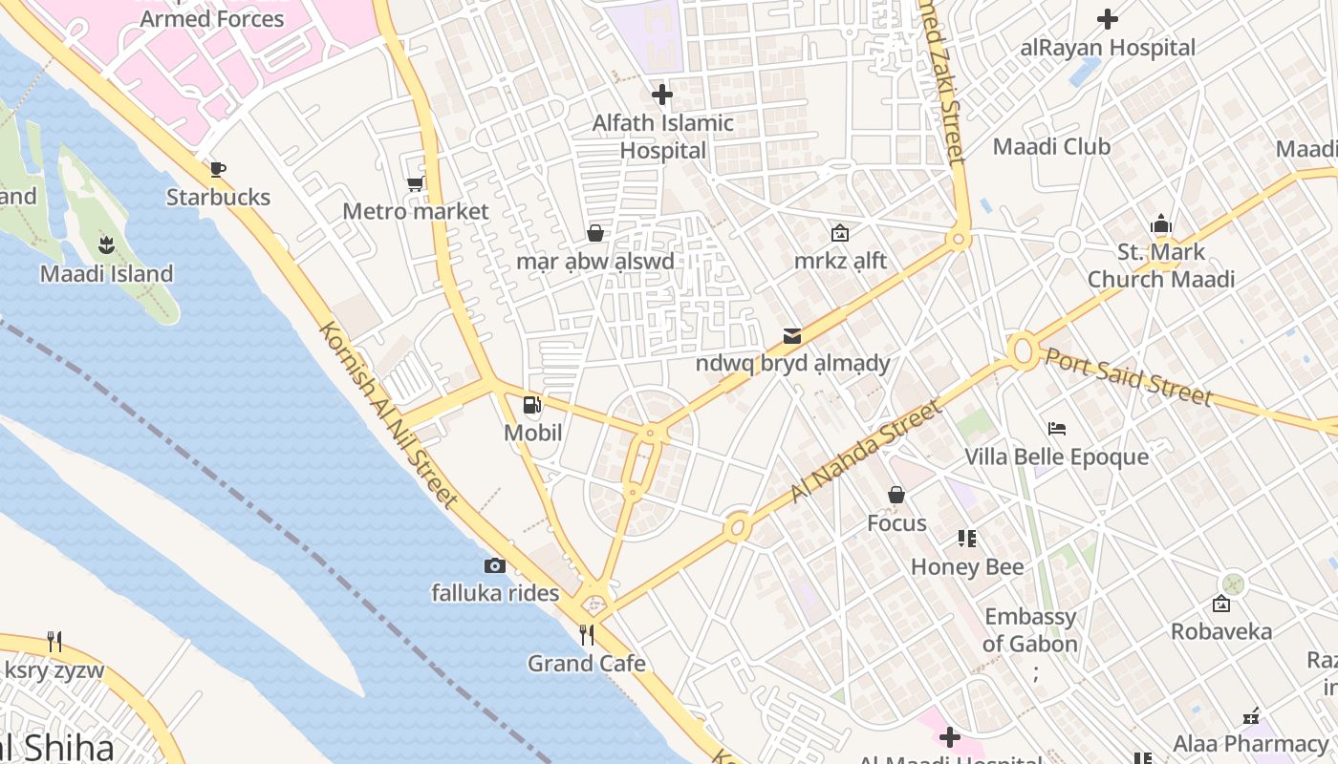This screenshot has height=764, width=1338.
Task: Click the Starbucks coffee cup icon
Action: tap(218, 170)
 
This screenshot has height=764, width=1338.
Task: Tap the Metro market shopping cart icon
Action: tap(415, 183)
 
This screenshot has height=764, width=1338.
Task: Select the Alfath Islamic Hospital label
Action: tap(662, 137)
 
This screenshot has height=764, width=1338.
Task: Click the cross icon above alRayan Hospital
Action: tap(1108, 19)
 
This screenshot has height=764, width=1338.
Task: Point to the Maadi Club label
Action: tap(1051, 147)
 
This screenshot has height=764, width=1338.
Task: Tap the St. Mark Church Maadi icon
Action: tap(1161, 224)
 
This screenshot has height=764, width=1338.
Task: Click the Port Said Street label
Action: tap(1128, 376)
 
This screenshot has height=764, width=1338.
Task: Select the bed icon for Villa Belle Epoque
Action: tap(1056, 428)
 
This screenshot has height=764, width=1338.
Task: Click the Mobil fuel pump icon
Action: tap(532, 406)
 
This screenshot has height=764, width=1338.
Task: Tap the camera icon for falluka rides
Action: tap(494, 565)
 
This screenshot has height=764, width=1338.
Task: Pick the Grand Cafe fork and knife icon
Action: tap(587, 635)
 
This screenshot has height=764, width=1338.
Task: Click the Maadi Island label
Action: tap(106, 274)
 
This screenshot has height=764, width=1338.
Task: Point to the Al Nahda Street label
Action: tap(866, 452)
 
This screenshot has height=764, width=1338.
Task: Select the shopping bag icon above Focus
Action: tap(896, 495)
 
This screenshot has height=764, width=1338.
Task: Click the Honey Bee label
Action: tap(966, 567)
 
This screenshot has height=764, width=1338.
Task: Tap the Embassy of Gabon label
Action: tap(1030, 630)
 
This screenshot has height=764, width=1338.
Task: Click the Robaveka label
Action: tap(1220, 632)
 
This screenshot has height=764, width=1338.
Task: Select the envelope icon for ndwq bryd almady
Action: tap(792, 335)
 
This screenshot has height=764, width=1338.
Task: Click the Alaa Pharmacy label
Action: tap(1250, 744)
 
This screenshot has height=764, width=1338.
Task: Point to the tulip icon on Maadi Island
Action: tap(106, 245)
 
